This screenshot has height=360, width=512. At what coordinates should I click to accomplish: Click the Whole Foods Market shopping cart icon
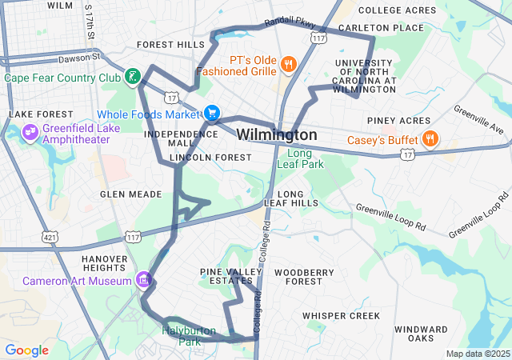(x=212, y=114)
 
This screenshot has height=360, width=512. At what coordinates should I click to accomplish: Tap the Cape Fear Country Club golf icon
(x=132, y=78)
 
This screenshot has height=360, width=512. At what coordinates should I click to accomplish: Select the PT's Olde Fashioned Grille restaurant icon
(x=289, y=63)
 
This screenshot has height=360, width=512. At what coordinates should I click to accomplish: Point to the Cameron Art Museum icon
(x=143, y=280)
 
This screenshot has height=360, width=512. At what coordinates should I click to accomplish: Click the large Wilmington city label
(x=277, y=134)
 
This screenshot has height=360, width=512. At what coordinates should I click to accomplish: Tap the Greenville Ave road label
(x=478, y=119)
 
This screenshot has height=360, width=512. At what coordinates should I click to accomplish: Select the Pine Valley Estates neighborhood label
(x=231, y=277)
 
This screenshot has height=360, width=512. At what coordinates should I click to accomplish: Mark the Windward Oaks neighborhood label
(x=421, y=334)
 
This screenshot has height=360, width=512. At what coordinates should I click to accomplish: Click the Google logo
(x=27, y=350)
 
